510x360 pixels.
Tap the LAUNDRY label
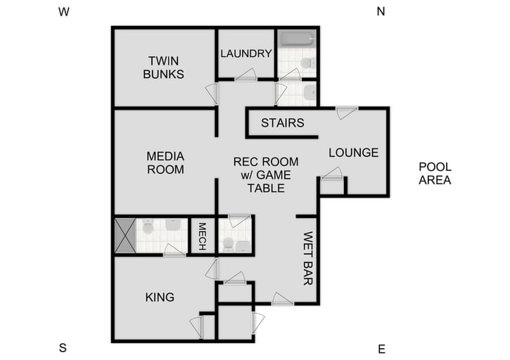coord(246,53)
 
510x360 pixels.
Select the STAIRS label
coord(282,123)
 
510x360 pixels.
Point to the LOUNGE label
coord(353,153)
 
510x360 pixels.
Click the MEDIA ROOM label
coord(165,162)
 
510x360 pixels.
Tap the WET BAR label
coord(307,259)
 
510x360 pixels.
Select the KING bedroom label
coord(160,297)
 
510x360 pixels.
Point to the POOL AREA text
coord(435,173)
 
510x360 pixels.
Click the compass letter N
coord(381,11)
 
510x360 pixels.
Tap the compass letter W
coord(64,11)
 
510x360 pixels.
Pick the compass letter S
coord(63,348)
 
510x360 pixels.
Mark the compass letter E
coord(381,348)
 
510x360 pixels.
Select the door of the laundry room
coord(246,76)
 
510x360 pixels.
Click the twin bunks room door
coord(212,91)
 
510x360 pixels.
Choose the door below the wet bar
coord(283,300)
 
